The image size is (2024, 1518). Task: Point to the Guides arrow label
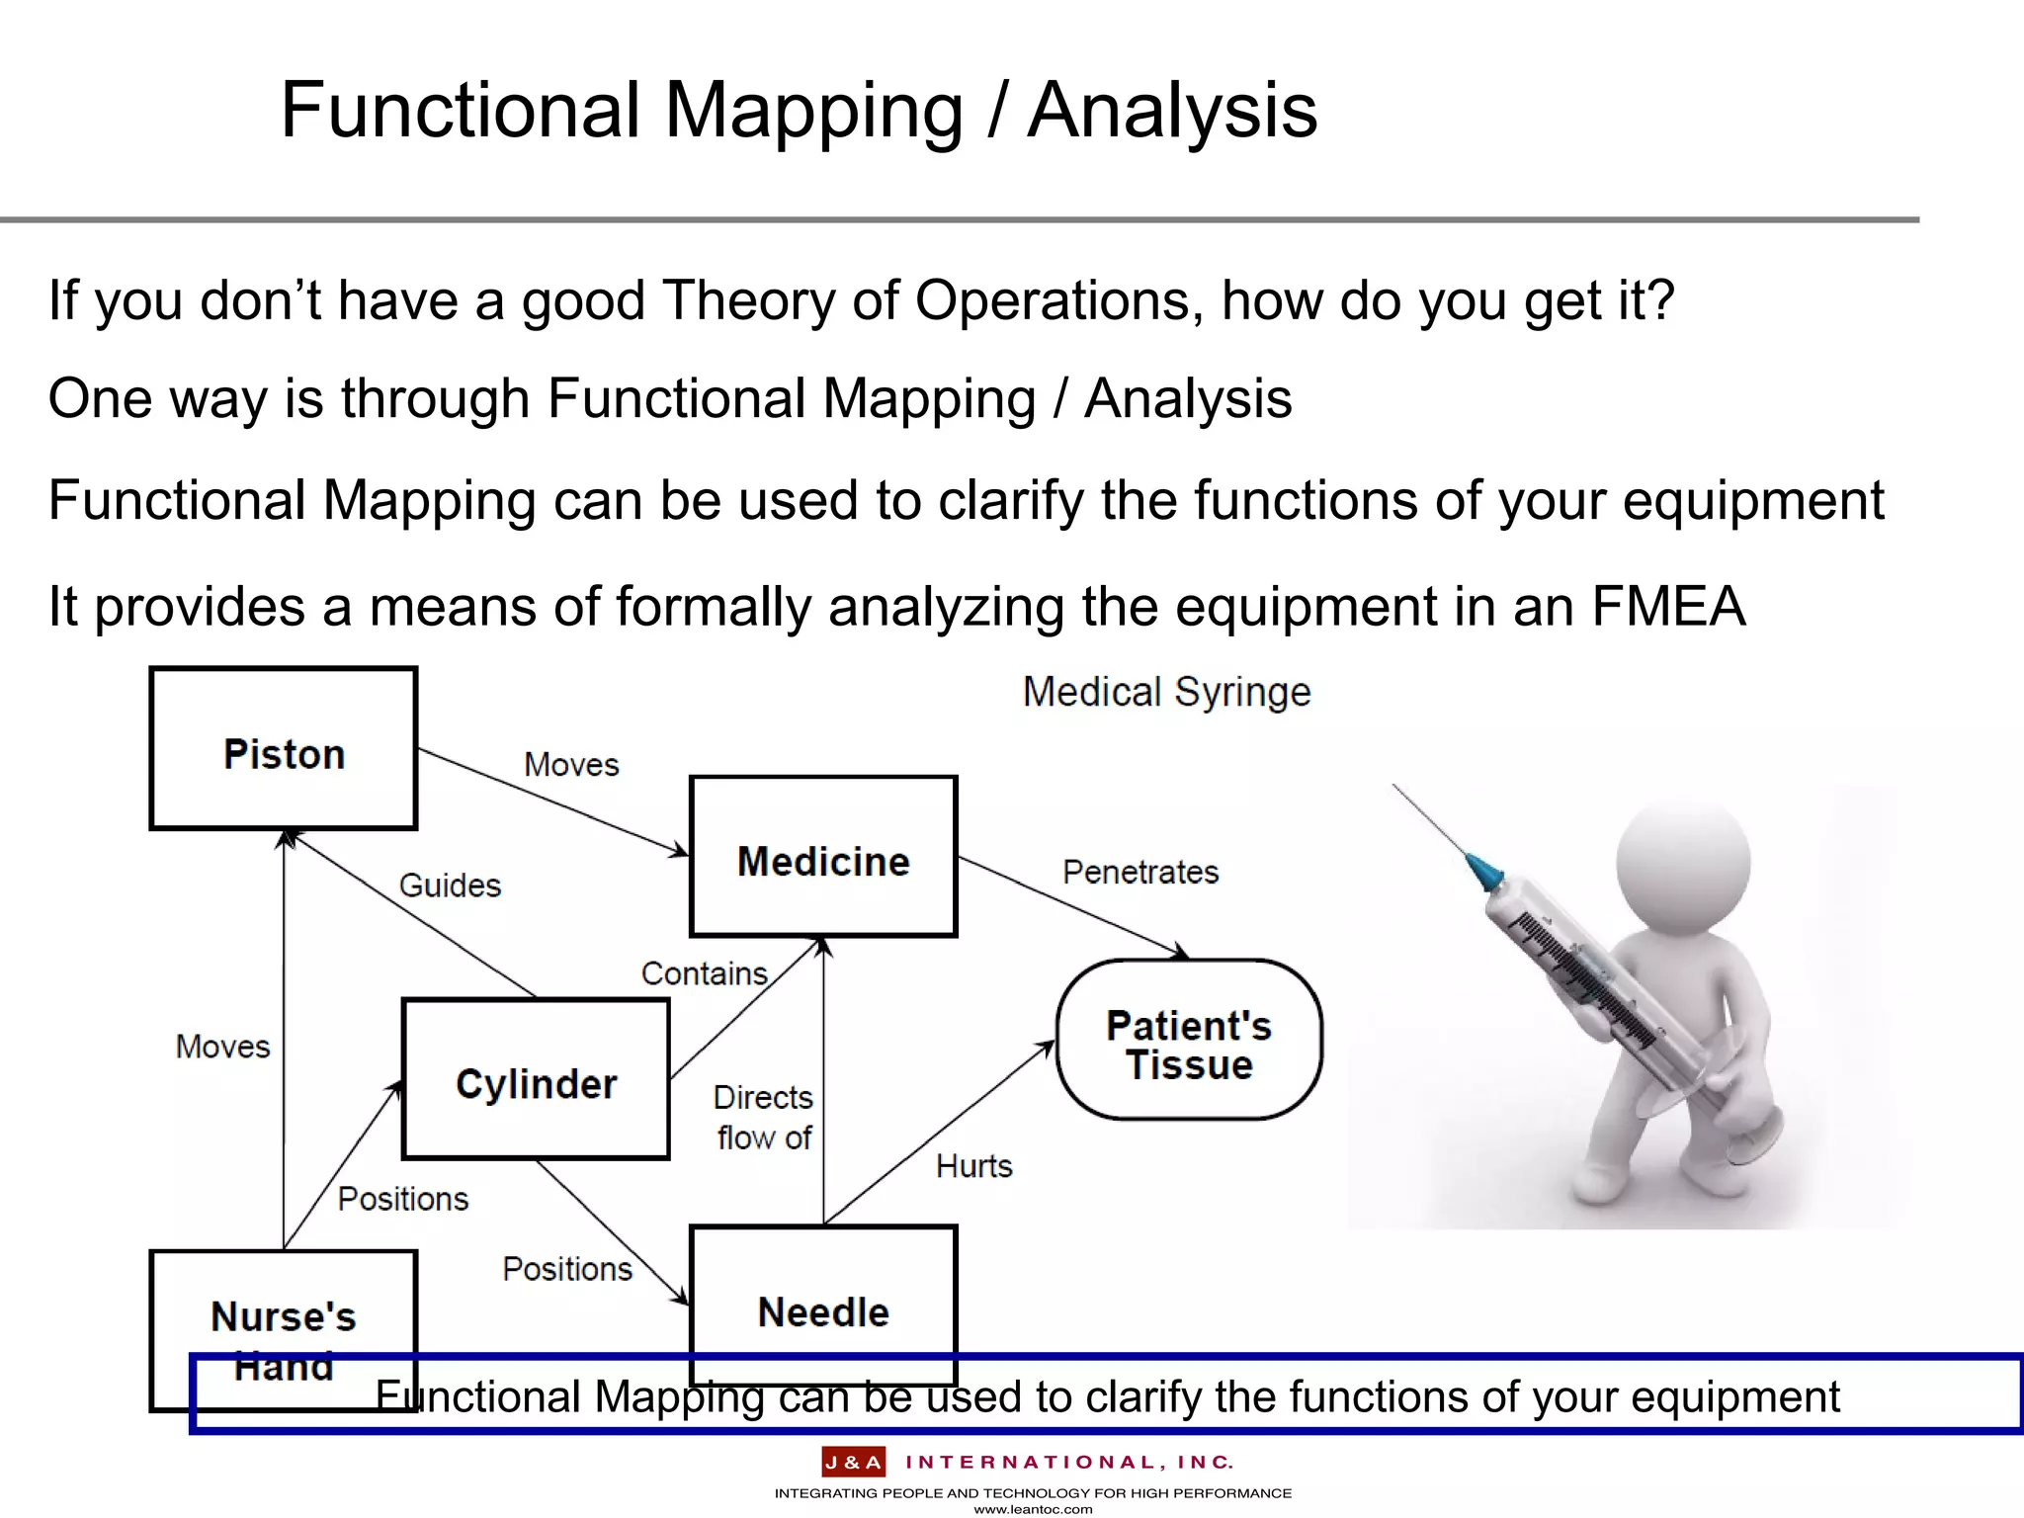(x=450, y=885)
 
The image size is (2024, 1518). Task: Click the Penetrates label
(x=1140, y=873)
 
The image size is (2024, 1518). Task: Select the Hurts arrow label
(x=973, y=1166)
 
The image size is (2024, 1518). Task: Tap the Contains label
(x=704, y=974)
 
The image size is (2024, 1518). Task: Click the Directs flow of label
(x=763, y=1118)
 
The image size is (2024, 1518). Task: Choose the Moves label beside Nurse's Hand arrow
(x=222, y=1047)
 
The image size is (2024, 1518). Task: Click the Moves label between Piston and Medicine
(x=571, y=765)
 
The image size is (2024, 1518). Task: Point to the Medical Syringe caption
(x=1166, y=692)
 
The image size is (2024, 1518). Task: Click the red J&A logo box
(x=853, y=1462)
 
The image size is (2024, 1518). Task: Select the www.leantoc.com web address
(x=1033, y=1509)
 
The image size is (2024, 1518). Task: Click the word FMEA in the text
(x=1668, y=606)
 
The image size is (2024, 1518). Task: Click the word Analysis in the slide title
(x=1172, y=111)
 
